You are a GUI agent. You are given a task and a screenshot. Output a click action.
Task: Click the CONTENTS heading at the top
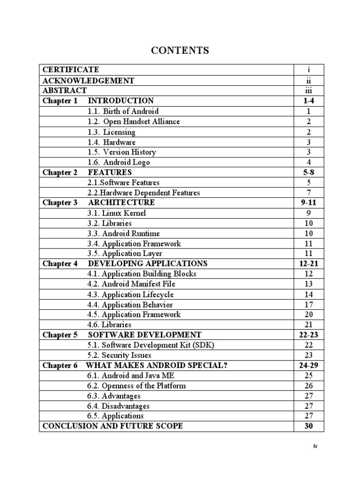[x=180, y=51]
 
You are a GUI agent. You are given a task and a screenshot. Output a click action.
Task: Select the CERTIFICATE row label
[x=71, y=70]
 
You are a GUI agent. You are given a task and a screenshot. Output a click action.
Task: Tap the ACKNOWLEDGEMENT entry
[x=88, y=81]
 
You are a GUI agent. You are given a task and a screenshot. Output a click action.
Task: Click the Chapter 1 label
[x=60, y=101]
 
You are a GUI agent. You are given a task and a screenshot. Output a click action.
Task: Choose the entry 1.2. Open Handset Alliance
[x=134, y=121]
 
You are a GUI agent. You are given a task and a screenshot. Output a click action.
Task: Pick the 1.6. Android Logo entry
[x=119, y=162]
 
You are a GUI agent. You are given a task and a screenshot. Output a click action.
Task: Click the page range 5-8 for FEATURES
[x=309, y=172]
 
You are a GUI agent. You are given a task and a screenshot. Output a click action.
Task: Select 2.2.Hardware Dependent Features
[x=144, y=193]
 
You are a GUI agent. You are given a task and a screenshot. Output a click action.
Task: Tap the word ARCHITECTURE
[x=121, y=202]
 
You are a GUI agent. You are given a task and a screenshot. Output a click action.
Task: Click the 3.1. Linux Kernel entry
[x=117, y=213]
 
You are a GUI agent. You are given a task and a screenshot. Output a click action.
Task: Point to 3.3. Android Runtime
[x=124, y=233]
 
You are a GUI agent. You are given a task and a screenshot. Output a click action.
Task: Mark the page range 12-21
[x=309, y=263]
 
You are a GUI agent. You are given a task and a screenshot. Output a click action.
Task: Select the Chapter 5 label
[x=60, y=335]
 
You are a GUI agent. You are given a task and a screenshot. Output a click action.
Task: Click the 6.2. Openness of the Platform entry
[x=137, y=386]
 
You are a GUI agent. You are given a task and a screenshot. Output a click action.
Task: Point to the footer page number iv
[x=315, y=446]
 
